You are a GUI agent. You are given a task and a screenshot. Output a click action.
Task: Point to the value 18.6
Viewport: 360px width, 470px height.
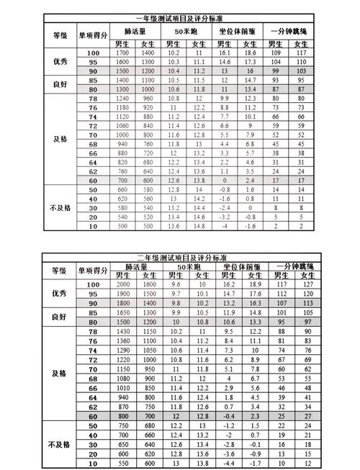(251, 54)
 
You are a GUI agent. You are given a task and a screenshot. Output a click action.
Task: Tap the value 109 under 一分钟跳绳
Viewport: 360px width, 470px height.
(274, 54)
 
